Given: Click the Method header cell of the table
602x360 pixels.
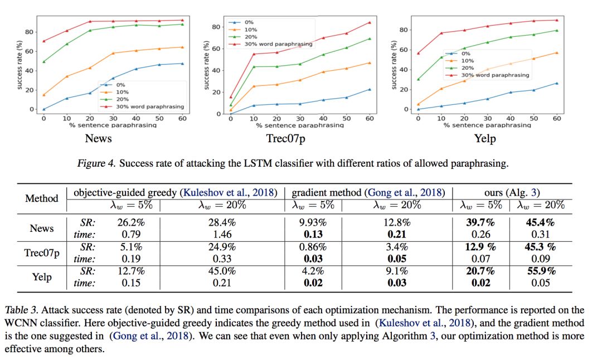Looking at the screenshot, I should coord(42,198).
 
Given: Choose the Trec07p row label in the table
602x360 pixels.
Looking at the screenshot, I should coord(42,253).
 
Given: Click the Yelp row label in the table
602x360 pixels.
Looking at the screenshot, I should coord(42,278).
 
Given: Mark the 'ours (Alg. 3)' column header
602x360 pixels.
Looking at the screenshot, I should coord(511,192).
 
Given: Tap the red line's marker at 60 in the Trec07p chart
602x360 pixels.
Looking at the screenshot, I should coord(368,22).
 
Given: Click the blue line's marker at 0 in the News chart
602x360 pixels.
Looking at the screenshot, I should coord(43,109).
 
